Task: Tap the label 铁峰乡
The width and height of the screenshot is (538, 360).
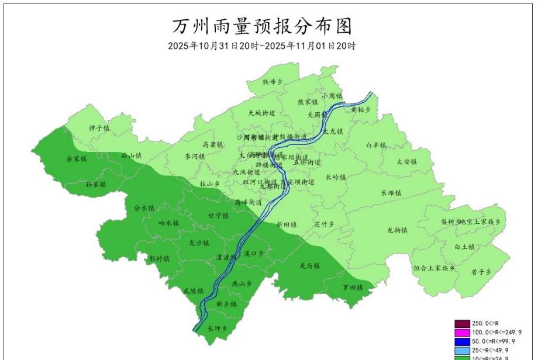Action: click(x=273, y=82)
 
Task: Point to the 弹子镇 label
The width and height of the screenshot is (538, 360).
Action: click(x=99, y=127)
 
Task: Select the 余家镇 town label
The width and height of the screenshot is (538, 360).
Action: click(x=76, y=158)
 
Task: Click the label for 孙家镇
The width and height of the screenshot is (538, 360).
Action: click(x=95, y=184)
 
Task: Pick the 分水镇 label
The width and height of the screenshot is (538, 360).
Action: click(x=143, y=207)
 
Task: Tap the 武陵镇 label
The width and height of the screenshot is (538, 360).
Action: click(x=192, y=290)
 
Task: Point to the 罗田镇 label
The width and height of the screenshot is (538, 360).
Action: click(x=353, y=288)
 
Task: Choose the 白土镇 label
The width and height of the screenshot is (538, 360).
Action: click(x=465, y=247)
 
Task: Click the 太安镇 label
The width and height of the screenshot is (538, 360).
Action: click(x=406, y=161)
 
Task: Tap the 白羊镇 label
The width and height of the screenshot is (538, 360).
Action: click(x=376, y=145)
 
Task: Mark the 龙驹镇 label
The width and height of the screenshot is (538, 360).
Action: click(x=397, y=230)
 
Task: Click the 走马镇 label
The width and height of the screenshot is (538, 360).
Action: click(x=310, y=266)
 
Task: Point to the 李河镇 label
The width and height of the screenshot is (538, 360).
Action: click(x=195, y=157)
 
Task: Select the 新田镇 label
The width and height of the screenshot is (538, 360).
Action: click(x=287, y=224)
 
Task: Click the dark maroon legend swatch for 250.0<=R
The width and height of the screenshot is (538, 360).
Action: click(x=461, y=323)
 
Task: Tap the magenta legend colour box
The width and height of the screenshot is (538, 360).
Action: click(x=461, y=332)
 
